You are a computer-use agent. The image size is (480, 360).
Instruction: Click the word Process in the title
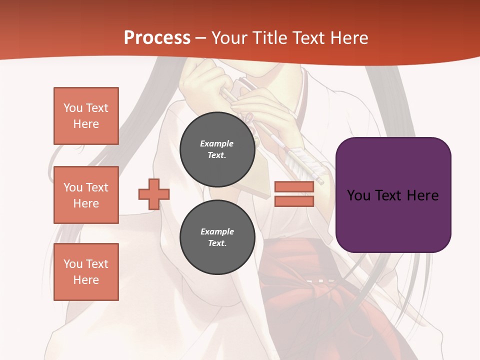(x=157, y=38)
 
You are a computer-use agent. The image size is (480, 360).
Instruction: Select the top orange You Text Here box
(x=86, y=116)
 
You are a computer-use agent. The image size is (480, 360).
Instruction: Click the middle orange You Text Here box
(x=86, y=195)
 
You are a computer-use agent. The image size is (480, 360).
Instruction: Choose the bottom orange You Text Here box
(x=86, y=272)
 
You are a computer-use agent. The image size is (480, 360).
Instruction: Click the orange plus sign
(x=154, y=194)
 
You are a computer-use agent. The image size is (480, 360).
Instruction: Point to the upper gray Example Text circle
(x=217, y=149)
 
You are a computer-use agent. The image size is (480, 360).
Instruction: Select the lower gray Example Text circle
(x=217, y=237)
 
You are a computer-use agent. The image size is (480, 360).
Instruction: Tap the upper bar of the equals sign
(x=294, y=186)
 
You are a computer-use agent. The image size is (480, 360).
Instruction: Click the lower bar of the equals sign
(x=294, y=201)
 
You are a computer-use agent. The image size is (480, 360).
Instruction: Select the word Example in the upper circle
(x=217, y=143)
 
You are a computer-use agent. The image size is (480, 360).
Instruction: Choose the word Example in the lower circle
(x=217, y=231)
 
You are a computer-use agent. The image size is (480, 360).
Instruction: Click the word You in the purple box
(x=358, y=195)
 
